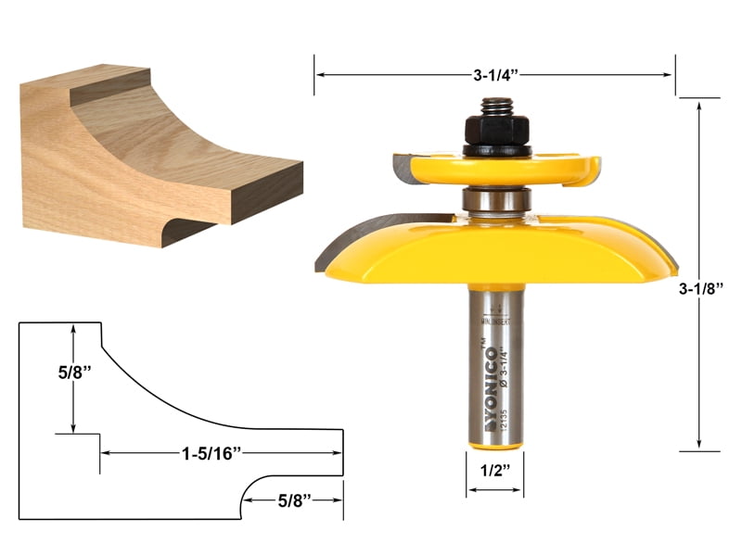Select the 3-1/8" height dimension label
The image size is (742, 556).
700,288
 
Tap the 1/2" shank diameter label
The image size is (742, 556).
494,470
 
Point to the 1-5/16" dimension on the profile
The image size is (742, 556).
211,453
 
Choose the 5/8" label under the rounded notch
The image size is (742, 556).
296,501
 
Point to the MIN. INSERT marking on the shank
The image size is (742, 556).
494,322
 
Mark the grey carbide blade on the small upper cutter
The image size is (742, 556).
401,168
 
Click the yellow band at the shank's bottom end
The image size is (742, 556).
494,446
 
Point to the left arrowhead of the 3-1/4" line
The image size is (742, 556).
318,75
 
